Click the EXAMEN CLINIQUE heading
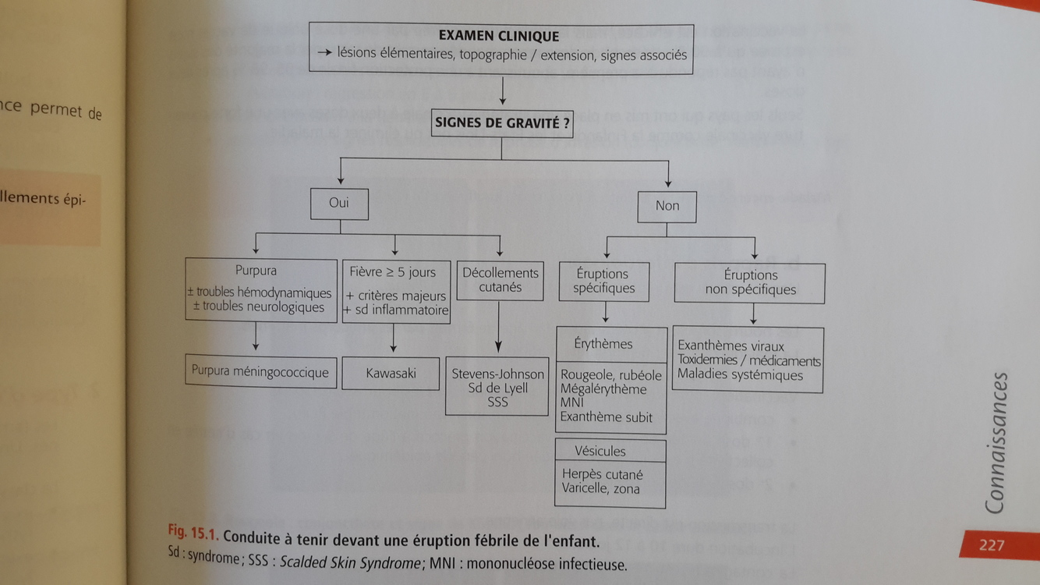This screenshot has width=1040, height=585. click(x=499, y=36)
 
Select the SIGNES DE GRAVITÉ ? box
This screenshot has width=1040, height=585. click(x=501, y=123)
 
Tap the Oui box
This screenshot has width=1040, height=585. click(x=339, y=204)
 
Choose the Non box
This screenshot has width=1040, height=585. click(x=667, y=206)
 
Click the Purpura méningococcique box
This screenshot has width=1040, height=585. click(x=260, y=371)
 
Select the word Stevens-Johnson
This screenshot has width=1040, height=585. click(x=498, y=374)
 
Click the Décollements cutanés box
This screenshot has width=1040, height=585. click(x=500, y=280)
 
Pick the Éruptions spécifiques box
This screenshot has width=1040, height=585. click(x=604, y=281)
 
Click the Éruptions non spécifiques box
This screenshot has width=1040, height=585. click(x=750, y=282)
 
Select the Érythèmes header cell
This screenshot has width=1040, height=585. click(x=603, y=344)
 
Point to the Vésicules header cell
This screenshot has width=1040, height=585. click(x=600, y=451)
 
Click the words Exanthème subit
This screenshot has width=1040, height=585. click(x=607, y=417)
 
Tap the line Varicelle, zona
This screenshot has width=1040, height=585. click(x=600, y=489)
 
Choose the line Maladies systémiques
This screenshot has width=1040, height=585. click(x=740, y=375)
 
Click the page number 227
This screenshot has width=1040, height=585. click(x=992, y=545)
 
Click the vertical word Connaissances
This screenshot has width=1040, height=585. click(x=996, y=443)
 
